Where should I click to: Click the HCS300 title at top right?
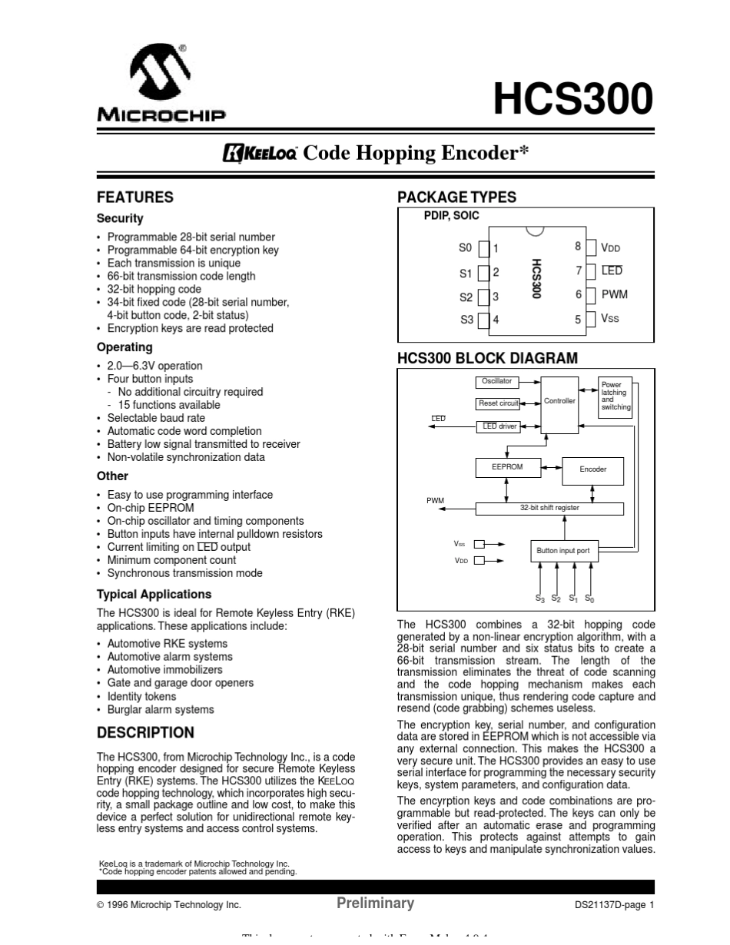coord(572,99)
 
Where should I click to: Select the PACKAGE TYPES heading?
coord(456,197)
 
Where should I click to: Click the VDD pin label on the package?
coord(610,248)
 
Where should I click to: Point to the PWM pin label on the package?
coord(614,294)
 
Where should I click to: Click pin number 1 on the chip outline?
coord(496,248)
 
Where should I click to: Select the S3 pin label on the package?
coord(466,320)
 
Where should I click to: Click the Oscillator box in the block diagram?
coord(496,382)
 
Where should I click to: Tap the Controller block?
coord(559,402)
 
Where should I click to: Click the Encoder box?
coord(592,469)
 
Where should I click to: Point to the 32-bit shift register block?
coord(549,509)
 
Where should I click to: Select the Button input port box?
coord(563,551)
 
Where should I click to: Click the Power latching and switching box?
coord(615,396)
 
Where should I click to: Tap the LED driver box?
coord(499,426)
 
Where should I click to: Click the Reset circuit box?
coord(498,403)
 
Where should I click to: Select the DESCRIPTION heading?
coord(145,732)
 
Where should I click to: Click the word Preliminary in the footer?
coord(375,904)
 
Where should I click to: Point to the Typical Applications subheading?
coord(154,594)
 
